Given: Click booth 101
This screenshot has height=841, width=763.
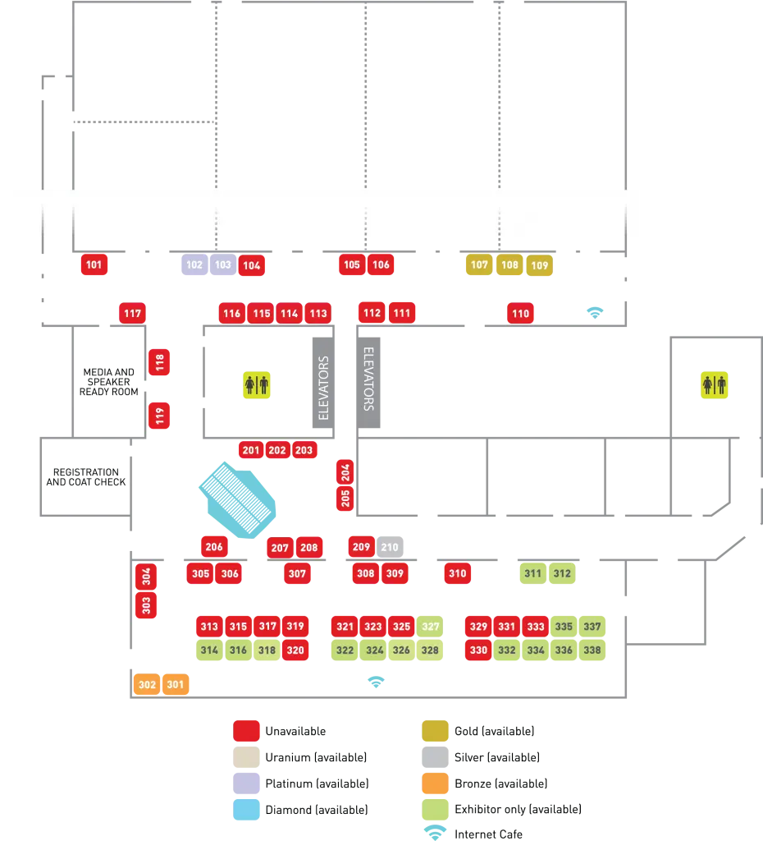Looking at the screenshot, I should (94, 264).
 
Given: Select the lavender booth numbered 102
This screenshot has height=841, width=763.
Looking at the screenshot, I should (194, 264).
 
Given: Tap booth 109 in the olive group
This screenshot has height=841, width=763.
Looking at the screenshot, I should (539, 265).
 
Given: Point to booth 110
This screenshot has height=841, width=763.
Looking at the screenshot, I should (520, 313).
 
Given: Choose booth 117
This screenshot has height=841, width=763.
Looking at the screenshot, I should (132, 313).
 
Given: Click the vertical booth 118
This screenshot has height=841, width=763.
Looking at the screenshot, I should (159, 361).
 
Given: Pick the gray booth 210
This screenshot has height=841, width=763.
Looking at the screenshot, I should (390, 547).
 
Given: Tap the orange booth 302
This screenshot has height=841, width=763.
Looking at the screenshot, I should (147, 684).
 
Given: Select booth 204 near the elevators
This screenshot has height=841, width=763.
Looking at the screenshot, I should (345, 471).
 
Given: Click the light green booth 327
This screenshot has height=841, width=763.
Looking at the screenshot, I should (430, 626).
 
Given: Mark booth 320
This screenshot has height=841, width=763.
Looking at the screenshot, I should (295, 650).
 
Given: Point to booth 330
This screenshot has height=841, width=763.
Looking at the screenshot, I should (478, 650).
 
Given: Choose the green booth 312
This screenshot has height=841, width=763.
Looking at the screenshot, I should (562, 573).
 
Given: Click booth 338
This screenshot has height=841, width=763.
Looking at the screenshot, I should (592, 650).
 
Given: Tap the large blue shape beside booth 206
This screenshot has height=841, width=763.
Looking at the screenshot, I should (238, 496).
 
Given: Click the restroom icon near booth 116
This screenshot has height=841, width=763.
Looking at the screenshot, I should (257, 384).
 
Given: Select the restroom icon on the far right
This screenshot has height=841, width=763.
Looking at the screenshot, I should (712, 384).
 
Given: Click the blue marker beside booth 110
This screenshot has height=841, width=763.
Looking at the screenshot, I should (593, 311).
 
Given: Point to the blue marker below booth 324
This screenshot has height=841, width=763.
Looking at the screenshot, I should (376, 681).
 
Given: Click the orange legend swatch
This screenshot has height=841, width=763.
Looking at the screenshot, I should (435, 783).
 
